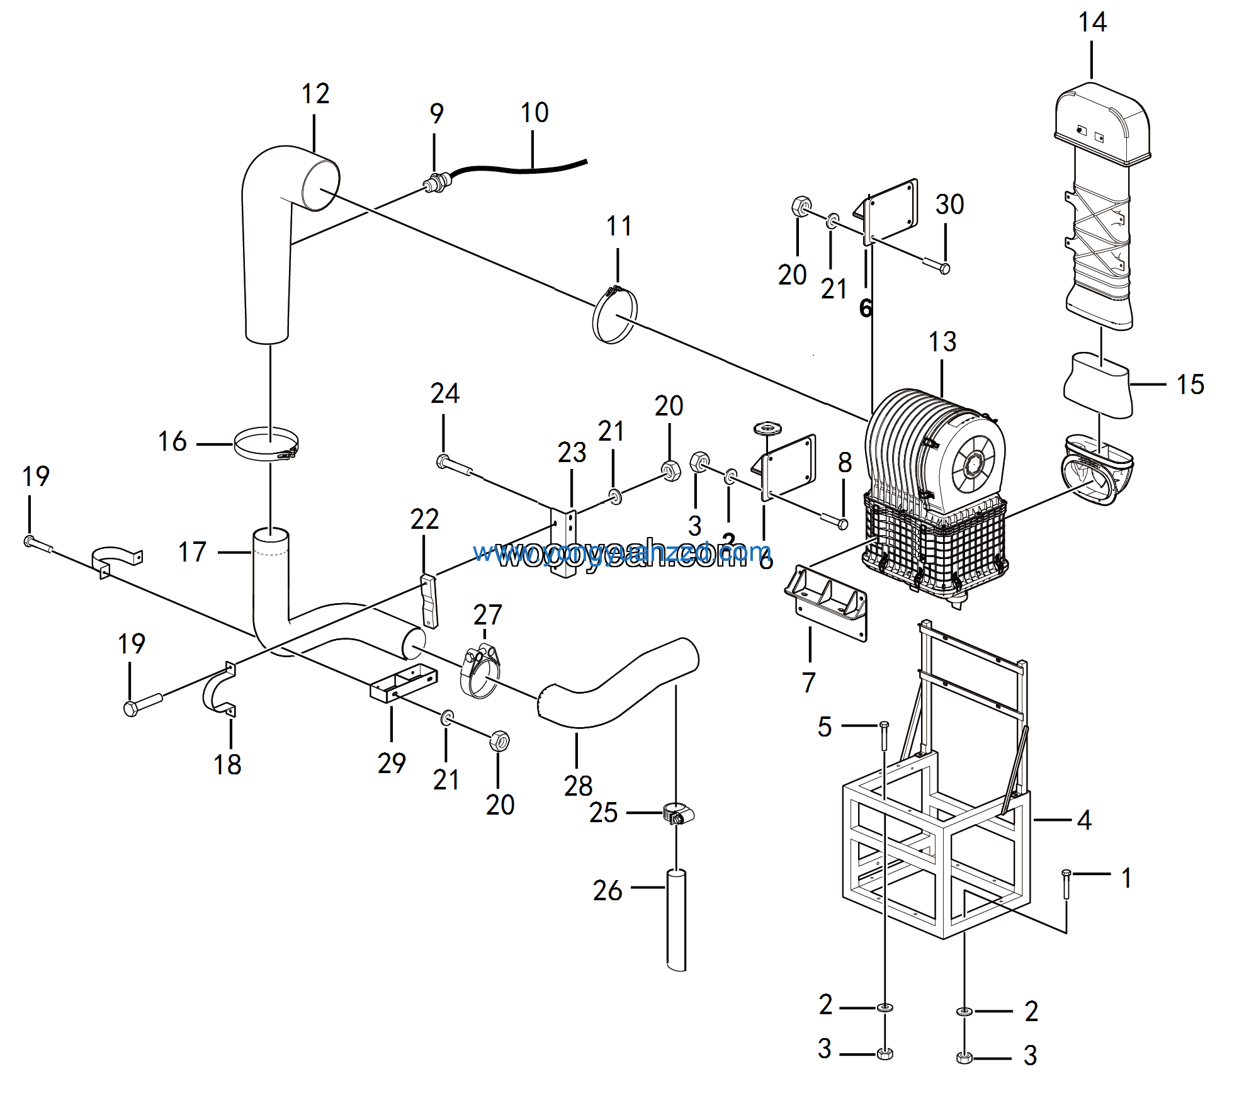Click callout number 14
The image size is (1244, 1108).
[x=1092, y=23]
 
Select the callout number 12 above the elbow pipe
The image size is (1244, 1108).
[x=315, y=94]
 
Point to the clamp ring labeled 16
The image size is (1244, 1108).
[x=266, y=444]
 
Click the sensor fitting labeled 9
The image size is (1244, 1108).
[x=434, y=184]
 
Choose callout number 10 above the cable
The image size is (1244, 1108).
[x=534, y=113]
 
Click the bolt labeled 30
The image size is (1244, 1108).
[x=936, y=265]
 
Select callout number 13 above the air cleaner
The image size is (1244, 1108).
[x=942, y=342]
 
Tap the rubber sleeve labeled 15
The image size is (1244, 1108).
[x=1098, y=385]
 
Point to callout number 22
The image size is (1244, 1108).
[x=424, y=520]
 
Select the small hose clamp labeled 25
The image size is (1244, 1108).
[x=678, y=814]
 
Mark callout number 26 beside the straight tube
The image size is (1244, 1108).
[x=607, y=891]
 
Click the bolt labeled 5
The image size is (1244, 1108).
[x=884, y=735]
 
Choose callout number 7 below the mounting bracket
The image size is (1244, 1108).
[x=809, y=682]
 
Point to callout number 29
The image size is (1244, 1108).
[x=392, y=764]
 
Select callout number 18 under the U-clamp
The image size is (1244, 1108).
[x=227, y=765]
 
